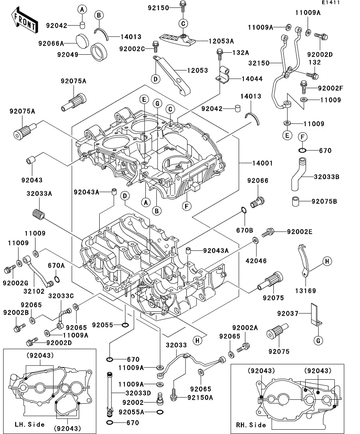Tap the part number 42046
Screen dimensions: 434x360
click(x=257, y=260)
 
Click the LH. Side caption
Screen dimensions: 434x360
click(x=30, y=424)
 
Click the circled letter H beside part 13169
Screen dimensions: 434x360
click(x=326, y=261)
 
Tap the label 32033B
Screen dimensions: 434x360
click(x=326, y=177)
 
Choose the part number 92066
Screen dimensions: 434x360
click(x=258, y=181)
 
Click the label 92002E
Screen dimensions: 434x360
click(x=299, y=232)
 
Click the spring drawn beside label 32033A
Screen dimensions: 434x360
click(x=39, y=214)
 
